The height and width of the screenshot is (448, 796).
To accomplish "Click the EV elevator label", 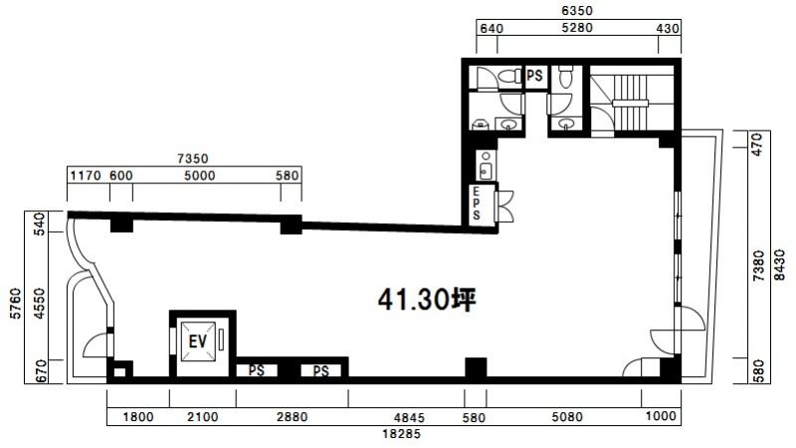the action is [197, 340].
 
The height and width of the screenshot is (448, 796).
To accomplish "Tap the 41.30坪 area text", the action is [427, 300].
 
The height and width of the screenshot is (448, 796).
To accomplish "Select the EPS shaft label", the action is [477, 204].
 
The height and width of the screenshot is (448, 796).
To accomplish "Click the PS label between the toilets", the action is [534, 76].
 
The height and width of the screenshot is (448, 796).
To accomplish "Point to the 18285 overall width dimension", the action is [401, 434].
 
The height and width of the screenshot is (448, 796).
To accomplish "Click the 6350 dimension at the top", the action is [577, 10].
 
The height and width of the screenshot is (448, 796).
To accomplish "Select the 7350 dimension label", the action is [192, 159].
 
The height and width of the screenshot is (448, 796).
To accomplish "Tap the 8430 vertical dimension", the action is [779, 265].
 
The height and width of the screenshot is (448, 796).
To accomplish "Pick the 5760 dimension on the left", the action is [16, 304].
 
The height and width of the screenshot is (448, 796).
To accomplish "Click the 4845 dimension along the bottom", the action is [409, 418].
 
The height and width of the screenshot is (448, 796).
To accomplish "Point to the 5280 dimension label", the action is [577, 28].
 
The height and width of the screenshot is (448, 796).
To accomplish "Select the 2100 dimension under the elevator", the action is [203, 417].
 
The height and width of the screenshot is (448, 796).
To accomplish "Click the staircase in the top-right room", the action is [631, 104].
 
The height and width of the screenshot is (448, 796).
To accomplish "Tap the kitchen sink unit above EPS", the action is [486, 165].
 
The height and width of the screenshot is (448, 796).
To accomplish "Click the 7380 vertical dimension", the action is [758, 266].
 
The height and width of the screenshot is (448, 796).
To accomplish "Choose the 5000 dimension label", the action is [200, 176].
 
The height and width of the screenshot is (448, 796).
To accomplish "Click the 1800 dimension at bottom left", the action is [138, 417].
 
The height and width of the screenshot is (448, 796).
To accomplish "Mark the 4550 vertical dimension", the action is [40, 304].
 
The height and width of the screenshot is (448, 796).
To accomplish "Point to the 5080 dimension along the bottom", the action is [567, 417].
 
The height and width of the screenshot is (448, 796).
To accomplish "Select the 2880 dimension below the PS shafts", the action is [292, 417].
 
